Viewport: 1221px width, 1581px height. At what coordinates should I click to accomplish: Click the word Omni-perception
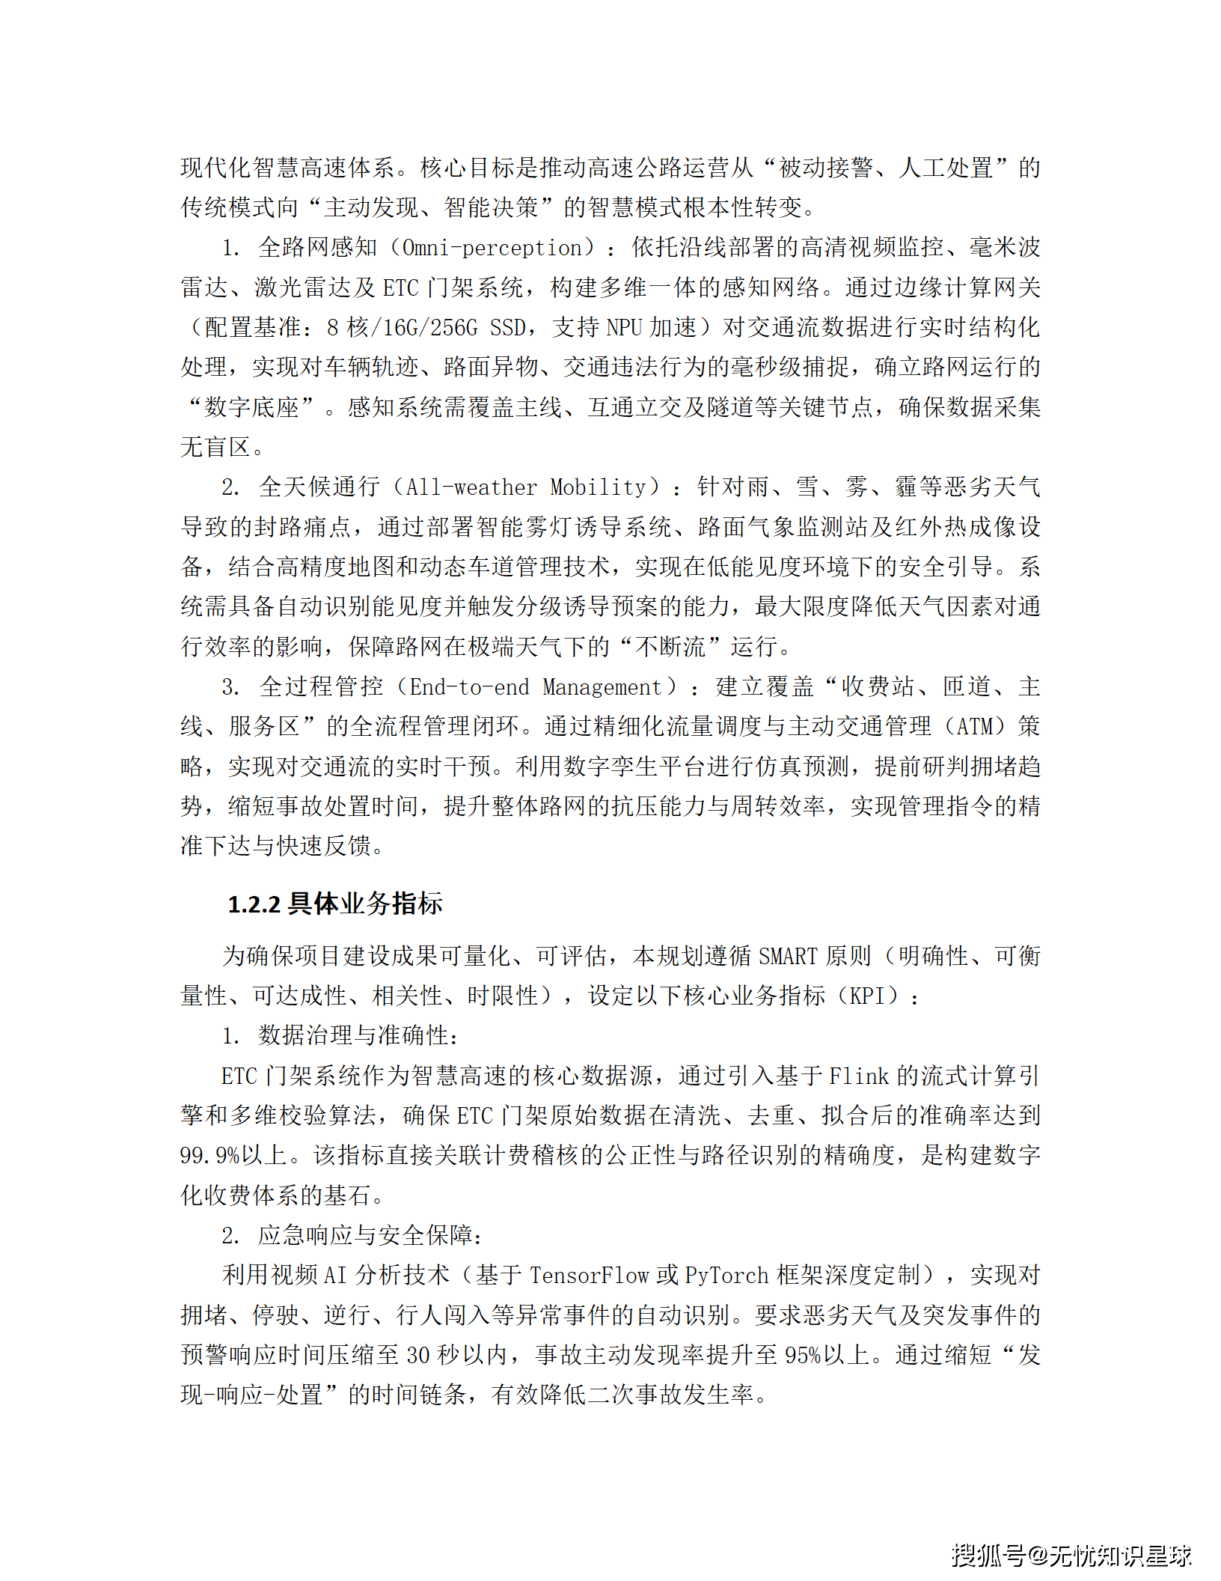[492, 248]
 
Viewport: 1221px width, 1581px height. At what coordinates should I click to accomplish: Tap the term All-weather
[471, 487]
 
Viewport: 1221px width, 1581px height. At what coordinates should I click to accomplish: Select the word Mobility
[598, 487]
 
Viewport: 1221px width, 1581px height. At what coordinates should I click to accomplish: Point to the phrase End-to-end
[469, 687]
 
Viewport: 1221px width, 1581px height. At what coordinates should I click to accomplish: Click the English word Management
[602, 687]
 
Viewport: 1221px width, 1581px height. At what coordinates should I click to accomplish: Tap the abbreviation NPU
[623, 327]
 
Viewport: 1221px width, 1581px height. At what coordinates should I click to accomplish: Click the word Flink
[859, 1076]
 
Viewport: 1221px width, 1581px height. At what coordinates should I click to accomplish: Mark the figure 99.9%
[209, 1156]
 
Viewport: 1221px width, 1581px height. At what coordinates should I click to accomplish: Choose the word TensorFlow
[590, 1276]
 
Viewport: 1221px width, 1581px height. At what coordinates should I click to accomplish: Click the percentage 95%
[803, 1355]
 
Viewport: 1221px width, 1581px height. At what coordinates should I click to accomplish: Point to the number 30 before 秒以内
[418, 1355]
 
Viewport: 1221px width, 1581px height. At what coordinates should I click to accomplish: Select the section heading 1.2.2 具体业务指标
[335, 904]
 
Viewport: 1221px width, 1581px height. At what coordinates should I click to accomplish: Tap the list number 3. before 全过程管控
[230, 687]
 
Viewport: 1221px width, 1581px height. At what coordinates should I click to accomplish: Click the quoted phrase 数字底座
[251, 407]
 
